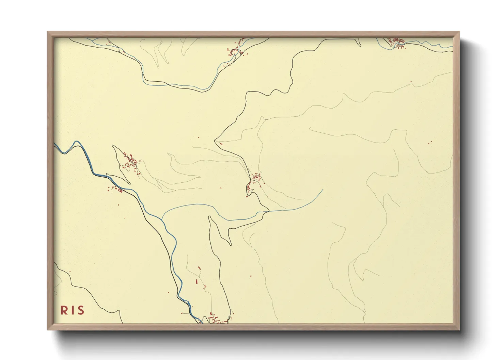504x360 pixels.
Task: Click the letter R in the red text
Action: [x=64, y=310]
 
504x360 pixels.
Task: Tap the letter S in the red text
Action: [x=80, y=310]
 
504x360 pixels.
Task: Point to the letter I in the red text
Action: [x=72, y=310]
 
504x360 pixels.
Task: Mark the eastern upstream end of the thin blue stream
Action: [x=322, y=190]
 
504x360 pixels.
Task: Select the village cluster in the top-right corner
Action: [x=397, y=43]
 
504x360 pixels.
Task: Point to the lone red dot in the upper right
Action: [x=411, y=82]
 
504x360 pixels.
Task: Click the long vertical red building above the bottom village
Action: [x=196, y=281]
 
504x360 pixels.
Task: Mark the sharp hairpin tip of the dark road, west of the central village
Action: [x=215, y=140]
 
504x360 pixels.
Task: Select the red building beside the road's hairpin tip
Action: [x=221, y=144]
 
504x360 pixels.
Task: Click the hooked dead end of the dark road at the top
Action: [x=360, y=44]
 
